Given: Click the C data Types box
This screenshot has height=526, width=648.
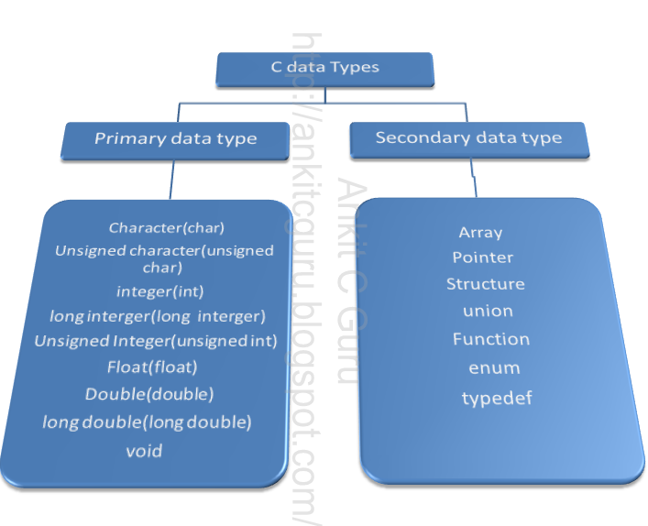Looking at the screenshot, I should pyautogui.click(x=324, y=67).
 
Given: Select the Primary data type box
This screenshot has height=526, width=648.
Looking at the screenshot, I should pyautogui.click(x=176, y=139).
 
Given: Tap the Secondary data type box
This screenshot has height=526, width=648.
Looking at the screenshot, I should pyautogui.click(x=468, y=138).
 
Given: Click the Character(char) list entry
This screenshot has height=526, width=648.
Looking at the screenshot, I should pyautogui.click(x=167, y=227).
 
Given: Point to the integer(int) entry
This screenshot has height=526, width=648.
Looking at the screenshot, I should pyautogui.click(x=160, y=291).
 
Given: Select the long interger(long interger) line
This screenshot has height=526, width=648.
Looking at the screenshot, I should pyautogui.click(x=157, y=316).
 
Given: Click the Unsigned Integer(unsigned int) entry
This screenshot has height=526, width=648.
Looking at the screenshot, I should pyautogui.click(x=156, y=341).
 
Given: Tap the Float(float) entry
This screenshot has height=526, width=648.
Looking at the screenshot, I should pyautogui.click(x=152, y=367).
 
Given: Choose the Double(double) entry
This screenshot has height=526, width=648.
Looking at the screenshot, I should pyautogui.click(x=149, y=395).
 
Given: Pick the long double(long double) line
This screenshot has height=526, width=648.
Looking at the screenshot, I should pyautogui.click(x=147, y=422).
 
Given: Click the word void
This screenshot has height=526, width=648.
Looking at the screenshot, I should pyautogui.click(x=144, y=451).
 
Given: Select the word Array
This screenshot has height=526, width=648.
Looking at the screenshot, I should pyautogui.click(x=481, y=233).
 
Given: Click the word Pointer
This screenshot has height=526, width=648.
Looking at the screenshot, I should pyautogui.click(x=483, y=258).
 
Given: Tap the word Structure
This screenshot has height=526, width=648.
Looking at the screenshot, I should pyautogui.click(x=486, y=284).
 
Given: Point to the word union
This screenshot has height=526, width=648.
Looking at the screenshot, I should pyautogui.click(x=488, y=312).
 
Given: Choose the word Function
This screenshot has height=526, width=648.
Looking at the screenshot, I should pyautogui.click(x=491, y=339).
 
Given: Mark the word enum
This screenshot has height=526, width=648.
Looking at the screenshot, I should pyautogui.click(x=494, y=368).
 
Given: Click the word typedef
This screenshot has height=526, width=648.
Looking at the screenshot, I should pyautogui.click(x=497, y=398).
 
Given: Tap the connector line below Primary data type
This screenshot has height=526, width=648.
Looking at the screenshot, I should pyautogui.click(x=170, y=179).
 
